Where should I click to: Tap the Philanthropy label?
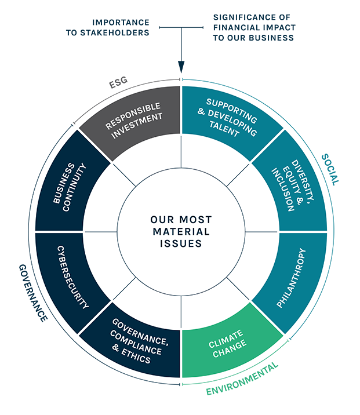[291, 278]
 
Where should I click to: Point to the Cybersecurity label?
[72, 276]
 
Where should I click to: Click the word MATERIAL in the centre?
[181, 232]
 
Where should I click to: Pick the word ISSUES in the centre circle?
[181, 244]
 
